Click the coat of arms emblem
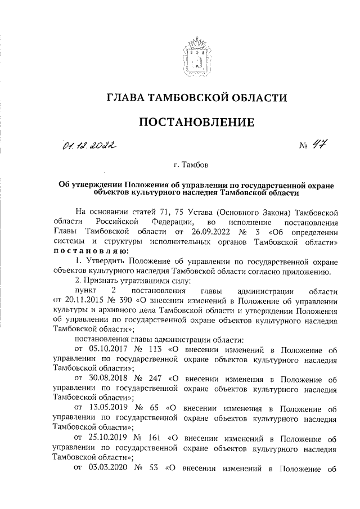tap(196, 55)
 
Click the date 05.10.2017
tap(104, 350)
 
